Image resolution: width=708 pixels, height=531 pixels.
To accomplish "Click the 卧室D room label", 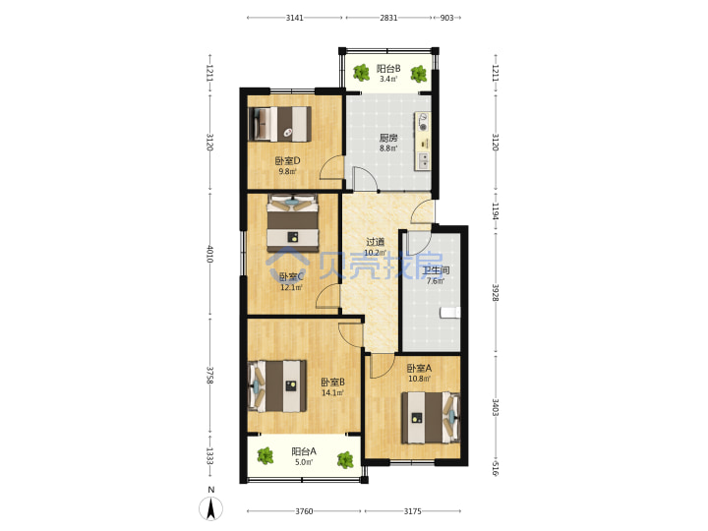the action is [x=287, y=160].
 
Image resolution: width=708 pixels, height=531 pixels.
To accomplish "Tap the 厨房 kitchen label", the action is [x=388, y=138].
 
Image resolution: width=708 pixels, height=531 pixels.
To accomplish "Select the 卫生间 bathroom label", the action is [x=436, y=271].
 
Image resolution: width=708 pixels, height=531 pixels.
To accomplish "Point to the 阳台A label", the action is [x=304, y=451].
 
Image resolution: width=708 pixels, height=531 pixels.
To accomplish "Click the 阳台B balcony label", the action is [x=388, y=69].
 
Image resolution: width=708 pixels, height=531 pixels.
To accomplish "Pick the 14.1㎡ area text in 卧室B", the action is [x=332, y=392].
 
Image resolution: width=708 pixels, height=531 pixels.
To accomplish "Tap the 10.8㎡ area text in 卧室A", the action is [x=420, y=379].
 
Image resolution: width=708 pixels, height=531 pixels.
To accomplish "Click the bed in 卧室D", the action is [x=280, y=124].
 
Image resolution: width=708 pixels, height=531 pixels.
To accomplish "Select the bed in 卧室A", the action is [x=431, y=418].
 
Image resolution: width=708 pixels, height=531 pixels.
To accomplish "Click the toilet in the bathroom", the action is [x=450, y=313].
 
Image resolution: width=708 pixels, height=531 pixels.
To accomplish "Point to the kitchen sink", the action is [x=424, y=161].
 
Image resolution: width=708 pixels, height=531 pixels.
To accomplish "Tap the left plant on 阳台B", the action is [x=361, y=72].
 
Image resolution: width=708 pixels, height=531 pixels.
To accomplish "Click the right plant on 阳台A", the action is [x=345, y=459].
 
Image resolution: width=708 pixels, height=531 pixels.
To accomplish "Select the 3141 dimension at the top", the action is [x=294, y=18].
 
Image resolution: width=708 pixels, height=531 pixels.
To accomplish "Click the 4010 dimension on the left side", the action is [x=210, y=254].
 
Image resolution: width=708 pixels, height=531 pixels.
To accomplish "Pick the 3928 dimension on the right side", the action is [x=496, y=293].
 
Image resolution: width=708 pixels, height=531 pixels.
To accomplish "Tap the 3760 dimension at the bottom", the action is [x=304, y=511].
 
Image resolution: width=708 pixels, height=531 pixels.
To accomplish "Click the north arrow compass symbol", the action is [x=210, y=508].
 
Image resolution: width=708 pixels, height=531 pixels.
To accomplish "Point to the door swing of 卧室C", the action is [x=327, y=297].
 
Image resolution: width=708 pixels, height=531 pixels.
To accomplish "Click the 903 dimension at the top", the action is [x=446, y=18].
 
